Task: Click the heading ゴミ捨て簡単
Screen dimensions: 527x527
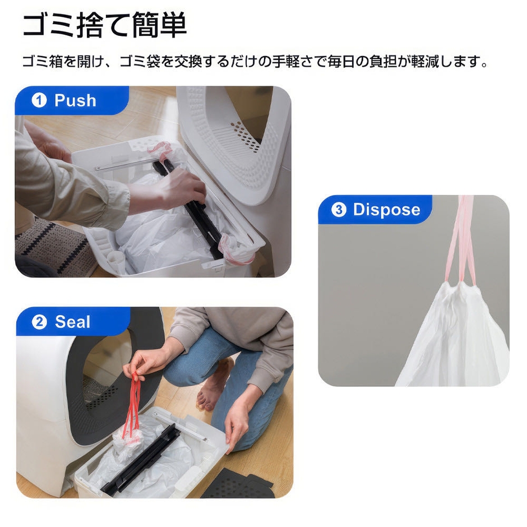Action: (104, 26)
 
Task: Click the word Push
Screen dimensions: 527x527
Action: (75, 100)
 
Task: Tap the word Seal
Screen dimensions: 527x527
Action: (72, 322)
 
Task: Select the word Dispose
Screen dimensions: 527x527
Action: (386, 209)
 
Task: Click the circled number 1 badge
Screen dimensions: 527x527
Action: (39, 100)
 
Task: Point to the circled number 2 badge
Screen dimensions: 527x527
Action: (39, 322)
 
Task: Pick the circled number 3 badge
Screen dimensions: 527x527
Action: (339, 209)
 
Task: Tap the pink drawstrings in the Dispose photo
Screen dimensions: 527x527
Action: (462, 239)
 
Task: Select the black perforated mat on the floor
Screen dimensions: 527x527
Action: (237, 483)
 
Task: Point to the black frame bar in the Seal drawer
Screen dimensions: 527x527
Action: (141, 460)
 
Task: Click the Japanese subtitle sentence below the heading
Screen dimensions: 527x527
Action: (255, 62)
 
